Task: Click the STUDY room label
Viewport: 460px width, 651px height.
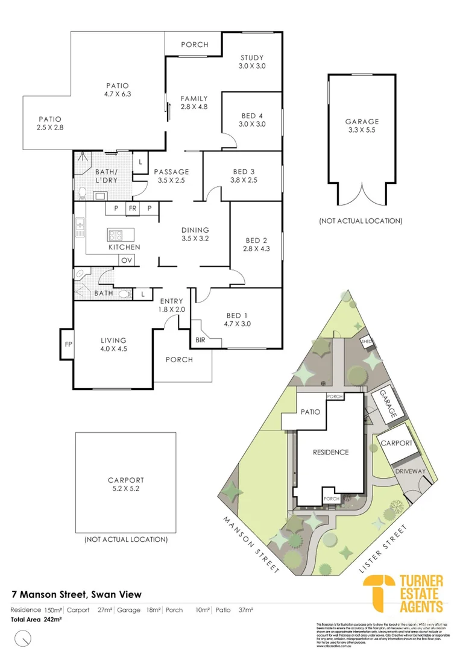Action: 251,57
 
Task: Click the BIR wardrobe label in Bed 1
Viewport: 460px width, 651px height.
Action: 200,340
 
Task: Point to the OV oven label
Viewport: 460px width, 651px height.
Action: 126,260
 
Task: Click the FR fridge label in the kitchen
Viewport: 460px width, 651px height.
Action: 132,209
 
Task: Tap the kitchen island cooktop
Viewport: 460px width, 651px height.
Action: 116,235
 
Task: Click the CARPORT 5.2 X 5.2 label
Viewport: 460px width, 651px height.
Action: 126,485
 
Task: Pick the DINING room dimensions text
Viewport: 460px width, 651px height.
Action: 195,238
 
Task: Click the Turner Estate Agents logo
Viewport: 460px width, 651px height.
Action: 405,594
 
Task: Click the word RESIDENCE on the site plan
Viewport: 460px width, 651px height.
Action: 330,451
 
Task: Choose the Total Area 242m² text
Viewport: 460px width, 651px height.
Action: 36,619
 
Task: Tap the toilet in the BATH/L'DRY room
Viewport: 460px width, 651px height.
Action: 82,193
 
